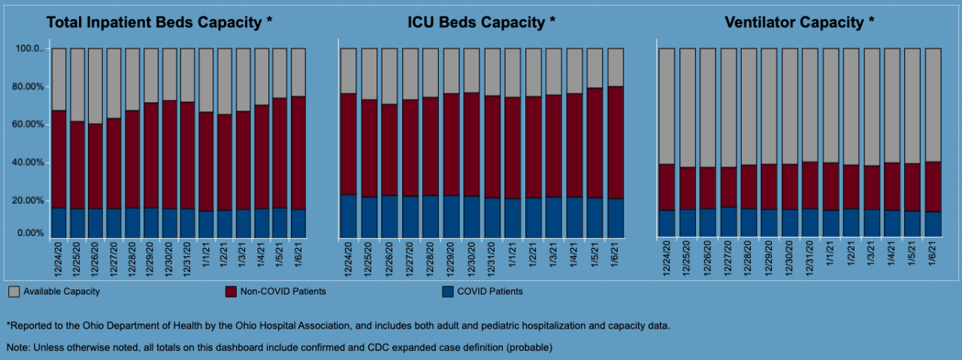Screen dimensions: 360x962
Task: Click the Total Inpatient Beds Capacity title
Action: point(159,22)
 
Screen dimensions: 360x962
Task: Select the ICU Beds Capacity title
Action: point(482,22)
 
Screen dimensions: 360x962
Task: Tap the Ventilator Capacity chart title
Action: point(800,22)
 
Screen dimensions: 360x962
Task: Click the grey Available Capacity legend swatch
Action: point(14,291)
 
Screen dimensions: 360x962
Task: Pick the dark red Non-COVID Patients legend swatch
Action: point(231,291)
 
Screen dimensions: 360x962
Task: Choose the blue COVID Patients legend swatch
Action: point(446,291)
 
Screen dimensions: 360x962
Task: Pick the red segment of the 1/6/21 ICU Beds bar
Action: point(616,142)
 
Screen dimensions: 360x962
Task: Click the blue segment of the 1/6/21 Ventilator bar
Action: point(933,224)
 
